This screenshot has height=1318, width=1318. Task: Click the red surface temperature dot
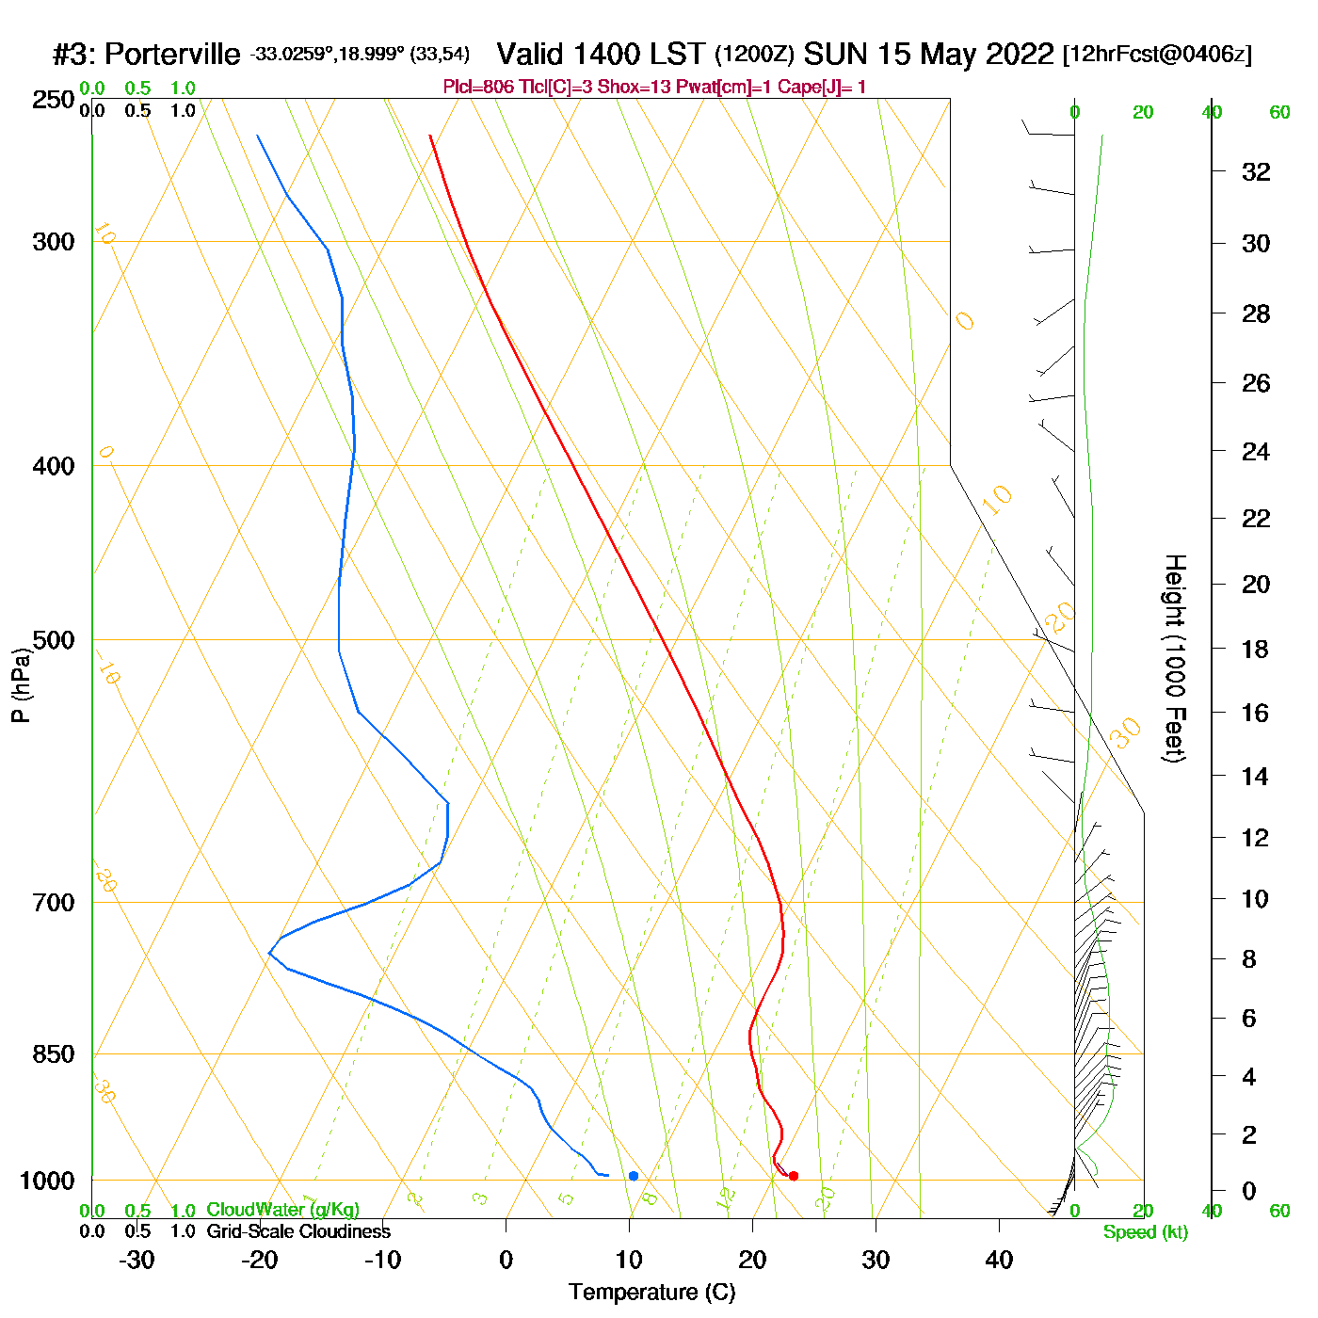[x=794, y=1176]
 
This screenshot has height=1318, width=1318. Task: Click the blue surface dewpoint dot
[x=634, y=1176]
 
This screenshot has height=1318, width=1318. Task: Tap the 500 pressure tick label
[x=54, y=640]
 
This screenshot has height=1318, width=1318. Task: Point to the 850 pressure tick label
[x=54, y=1054]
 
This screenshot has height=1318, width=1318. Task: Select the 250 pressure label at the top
[x=54, y=100]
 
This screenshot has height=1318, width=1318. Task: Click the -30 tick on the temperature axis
[x=137, y=1260]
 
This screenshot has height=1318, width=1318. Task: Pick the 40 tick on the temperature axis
[x=999, y=1260]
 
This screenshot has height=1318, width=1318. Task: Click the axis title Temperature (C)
[x=651, y=1293]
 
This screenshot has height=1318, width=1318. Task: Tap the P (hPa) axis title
[x=21, y=684]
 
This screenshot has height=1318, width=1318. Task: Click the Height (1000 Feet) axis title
[x=1174, y=658]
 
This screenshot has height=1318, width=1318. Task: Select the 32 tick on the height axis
[x=1256, y=172]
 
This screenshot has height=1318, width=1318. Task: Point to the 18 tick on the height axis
[x=1256, y=649]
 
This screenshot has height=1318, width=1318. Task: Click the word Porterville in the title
[x=172, y=55]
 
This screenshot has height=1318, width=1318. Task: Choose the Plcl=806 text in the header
[x=478, y=88]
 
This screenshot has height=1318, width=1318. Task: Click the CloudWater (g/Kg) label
[x=282, y=1210]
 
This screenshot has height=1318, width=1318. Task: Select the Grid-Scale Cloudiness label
[x=298, y=1231]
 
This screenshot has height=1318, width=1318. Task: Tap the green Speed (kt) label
[x=1145, y=1232]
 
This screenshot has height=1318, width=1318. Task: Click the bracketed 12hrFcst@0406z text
[x=1157, y=55]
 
